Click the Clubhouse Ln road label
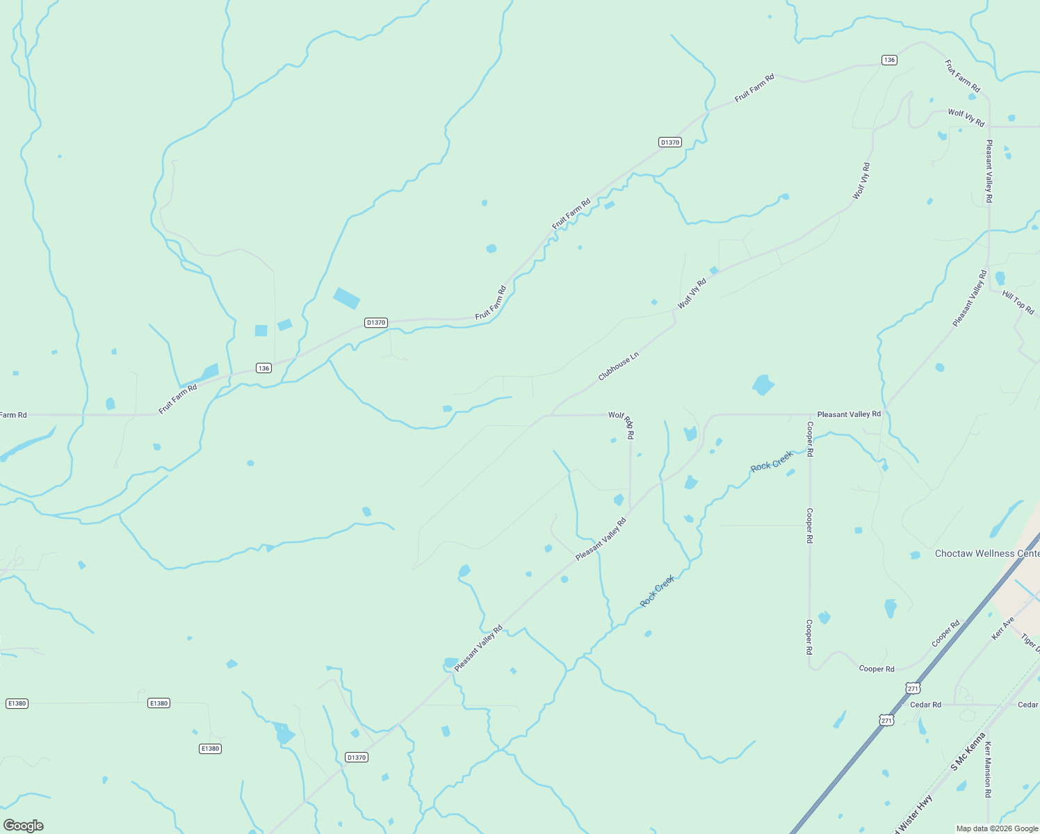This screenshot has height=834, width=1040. coord(618,367)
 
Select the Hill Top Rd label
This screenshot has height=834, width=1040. coord(1018,302)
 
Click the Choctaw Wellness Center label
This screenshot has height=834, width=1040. coord(986,554)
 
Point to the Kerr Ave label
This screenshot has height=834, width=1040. coord(1002,628)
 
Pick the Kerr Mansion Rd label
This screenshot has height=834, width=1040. coord(987,769)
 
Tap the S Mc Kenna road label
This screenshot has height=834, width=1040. coord(968,751)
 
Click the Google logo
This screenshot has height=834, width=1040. coord(24,826)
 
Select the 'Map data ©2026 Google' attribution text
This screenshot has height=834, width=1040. coord(997,828)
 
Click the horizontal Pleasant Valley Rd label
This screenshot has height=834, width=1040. coord(849,414)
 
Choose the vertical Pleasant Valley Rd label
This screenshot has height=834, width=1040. coord(989,171)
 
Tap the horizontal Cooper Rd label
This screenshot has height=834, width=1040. coord(877,669)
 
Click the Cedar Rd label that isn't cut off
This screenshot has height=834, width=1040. coord(925,705)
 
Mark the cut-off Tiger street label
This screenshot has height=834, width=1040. coord(1031,644)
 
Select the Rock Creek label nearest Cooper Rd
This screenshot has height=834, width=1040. coord(772,461)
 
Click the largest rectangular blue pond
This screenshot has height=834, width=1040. coord(346,298)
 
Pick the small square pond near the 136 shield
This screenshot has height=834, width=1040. coord(261,330)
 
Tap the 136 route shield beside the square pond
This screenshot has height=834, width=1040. coord(263,368)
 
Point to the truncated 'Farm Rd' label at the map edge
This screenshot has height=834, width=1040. coord(13,415)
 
